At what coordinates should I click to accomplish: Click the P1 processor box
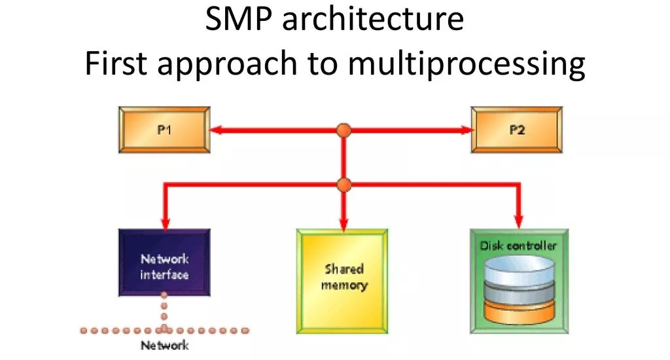[164, 130]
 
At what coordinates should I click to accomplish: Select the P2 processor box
[517, 130]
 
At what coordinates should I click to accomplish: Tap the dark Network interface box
[164, 262]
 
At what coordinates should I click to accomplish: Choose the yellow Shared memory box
[342, 281]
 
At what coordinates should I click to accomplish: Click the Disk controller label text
[518, 246]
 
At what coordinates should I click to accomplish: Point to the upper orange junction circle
[344, 130]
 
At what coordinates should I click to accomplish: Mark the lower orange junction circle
[344, 185]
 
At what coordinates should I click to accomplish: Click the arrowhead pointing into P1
[216, 130]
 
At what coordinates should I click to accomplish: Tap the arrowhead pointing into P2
[467, 130]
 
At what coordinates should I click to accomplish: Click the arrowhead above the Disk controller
[519, 222]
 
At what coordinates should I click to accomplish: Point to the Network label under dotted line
[164, 346]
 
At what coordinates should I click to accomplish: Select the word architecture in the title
[372, 19]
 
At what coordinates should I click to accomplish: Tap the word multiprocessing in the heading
[466, 64]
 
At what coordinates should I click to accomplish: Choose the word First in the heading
[116, 63]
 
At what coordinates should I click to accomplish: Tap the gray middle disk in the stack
[519, 293]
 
